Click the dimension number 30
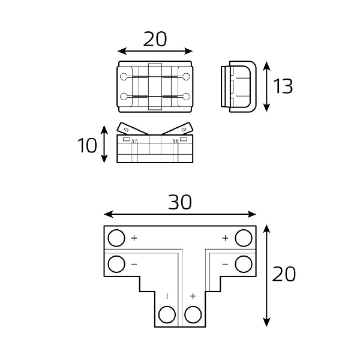(x=179, y=203)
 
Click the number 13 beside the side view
(x=283, y=86)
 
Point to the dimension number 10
(x=87, y=145)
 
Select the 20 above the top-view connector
(x=155, y=39)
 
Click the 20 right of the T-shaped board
(x=284, y=275)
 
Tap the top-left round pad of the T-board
(x=116, y=238)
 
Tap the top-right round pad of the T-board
(x=243, y=238)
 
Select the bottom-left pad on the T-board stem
(x=167, y=314)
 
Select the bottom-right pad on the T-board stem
(x=193, y=314)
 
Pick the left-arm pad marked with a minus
(x=116, y=263)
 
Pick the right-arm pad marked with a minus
(x=243, y=263)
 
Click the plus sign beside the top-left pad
(x=134, y=238)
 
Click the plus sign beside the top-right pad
(x=225, y=238)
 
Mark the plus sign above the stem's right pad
(x=193, y=296)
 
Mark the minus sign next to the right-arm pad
(x=225, y=263)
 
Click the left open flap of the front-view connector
(x=130, y=129)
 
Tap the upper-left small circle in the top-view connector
(x=124, y=76)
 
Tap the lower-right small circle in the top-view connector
(x=187, y=97)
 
